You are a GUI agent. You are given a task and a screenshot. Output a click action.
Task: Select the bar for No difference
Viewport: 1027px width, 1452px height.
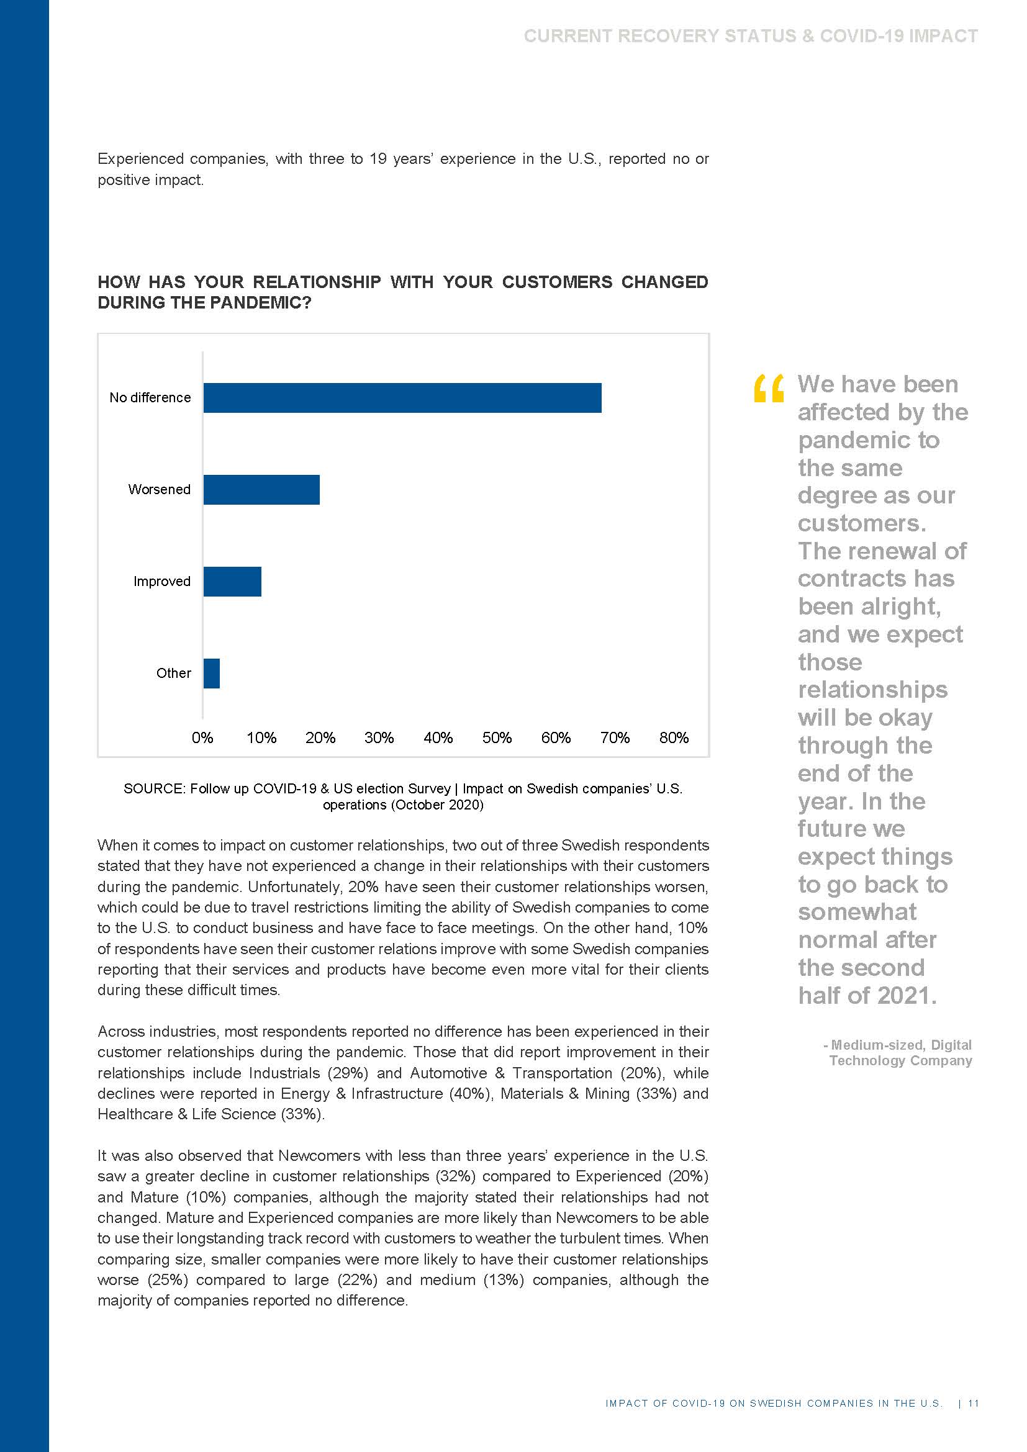tap(402, 398)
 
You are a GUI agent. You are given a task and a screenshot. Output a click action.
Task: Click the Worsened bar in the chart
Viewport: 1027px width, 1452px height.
tap(261, 489)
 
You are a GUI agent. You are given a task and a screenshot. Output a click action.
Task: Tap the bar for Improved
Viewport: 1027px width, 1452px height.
tap(232, 581)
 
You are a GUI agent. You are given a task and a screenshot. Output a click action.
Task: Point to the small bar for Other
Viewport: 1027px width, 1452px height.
tap(211, 673)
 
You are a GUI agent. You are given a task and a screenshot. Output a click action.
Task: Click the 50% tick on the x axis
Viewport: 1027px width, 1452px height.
tap(497, 737)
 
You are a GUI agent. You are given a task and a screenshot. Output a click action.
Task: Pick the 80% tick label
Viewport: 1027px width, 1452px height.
tap(674, 737)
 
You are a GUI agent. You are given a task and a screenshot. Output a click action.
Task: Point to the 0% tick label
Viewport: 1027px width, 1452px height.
tap(202, 737)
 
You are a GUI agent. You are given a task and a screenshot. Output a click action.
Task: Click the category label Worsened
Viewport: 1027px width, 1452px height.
tap(160, 489)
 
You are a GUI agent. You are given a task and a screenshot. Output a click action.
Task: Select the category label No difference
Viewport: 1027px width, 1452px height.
tap(150, 398)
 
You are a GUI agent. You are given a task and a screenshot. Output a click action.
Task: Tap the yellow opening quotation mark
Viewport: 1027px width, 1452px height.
tap(768, 388)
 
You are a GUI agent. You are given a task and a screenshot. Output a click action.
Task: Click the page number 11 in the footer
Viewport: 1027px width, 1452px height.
tap(974, 1404)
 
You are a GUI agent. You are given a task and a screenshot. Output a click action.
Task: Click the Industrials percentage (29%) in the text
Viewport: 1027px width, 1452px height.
tap(348, 1073)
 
